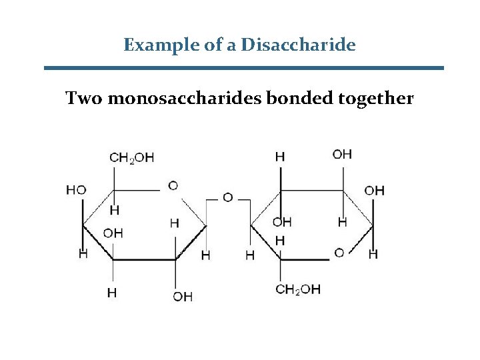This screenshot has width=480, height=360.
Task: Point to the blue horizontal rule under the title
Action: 243,67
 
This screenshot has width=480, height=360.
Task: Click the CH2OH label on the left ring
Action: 131,158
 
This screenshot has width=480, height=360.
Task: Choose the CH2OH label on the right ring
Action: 298,289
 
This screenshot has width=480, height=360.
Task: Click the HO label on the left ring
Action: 76,190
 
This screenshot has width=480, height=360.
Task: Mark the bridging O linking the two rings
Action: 227,197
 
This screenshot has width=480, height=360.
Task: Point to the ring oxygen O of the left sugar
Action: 173,185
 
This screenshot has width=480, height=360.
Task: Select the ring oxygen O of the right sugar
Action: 339,253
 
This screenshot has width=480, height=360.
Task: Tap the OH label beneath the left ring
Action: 183,296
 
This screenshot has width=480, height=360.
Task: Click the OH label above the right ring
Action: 342,154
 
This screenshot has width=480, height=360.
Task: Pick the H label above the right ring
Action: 280,156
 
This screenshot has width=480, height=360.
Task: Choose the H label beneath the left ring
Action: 113,292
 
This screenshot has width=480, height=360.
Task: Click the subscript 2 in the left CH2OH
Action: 132,161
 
